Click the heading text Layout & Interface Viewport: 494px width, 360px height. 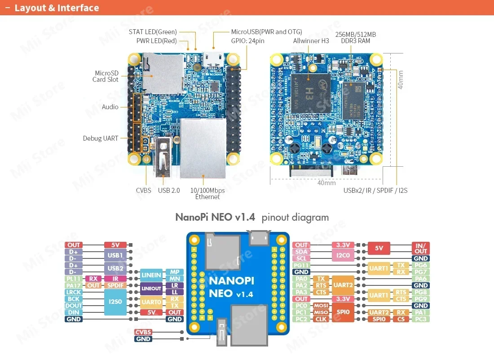point(57,8)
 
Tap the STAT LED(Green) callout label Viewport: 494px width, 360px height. point(153,32)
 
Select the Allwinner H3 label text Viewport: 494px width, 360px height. point(311,41)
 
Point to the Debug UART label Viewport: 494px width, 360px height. point(101,138)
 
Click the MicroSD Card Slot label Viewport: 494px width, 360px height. point(106,76)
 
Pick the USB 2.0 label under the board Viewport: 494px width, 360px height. point(169,191)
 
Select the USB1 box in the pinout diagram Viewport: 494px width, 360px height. point(115,255)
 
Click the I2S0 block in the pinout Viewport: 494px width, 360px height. point(115,302)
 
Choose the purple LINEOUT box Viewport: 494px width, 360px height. point(151,289)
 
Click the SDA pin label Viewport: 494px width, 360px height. point(301,252)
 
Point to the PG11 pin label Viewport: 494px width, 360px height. point(301,265)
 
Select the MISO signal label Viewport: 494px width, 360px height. point(321,312)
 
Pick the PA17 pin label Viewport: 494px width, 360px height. point(74,285)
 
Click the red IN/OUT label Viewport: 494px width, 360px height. point(421,248)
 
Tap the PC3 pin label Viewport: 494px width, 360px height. point(421,319)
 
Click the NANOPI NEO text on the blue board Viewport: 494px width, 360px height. point(232,287)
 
